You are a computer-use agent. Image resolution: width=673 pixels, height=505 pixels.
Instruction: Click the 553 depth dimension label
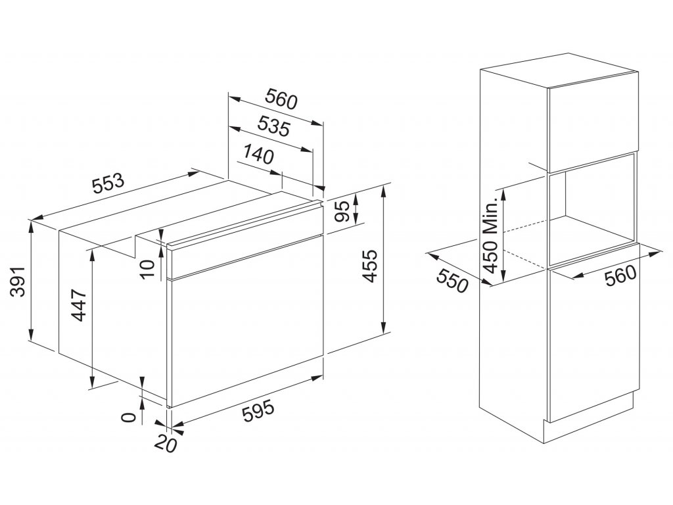pos(108,184)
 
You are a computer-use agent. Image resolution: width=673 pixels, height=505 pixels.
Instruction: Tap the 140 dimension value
pos(258,155)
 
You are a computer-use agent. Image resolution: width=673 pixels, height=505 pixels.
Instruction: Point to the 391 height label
pos(19,281)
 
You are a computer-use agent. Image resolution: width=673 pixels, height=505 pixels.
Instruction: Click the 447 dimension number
pos(79,305)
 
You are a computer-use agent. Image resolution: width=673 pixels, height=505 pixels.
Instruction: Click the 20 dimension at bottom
pos(166,443)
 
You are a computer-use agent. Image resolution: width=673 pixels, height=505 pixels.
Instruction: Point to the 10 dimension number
pos(147,269)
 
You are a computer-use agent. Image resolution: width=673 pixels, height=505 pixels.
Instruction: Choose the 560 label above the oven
pos(281,99)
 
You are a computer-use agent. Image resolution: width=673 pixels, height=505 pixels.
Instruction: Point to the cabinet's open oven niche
pos(592,210)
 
